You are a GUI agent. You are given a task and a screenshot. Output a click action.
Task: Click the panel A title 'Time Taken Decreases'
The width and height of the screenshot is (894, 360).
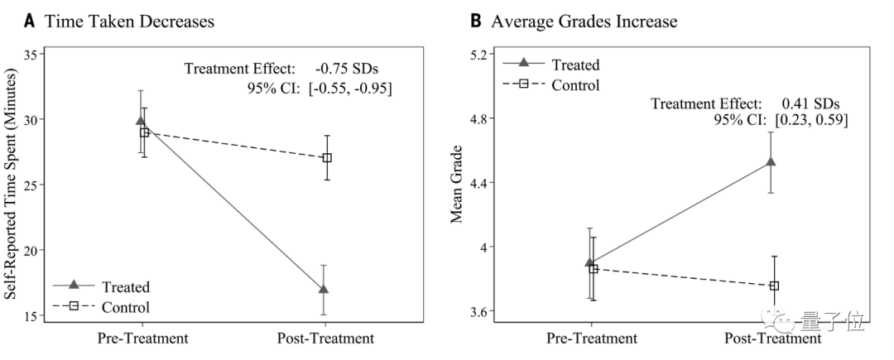tap(129, 22)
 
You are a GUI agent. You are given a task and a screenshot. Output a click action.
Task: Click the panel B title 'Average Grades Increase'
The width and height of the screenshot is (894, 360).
tap(584, 22)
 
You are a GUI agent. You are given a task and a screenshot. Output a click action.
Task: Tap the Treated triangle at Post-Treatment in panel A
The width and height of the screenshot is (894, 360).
tap(324, 289)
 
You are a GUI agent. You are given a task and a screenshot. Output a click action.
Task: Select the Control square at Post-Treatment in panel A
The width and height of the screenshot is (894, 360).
tap(327, 157)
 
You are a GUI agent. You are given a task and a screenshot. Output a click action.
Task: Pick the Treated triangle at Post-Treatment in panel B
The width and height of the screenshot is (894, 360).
tap(771, 161)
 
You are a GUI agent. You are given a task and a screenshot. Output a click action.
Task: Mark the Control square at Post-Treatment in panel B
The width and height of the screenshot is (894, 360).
tap(775, 286)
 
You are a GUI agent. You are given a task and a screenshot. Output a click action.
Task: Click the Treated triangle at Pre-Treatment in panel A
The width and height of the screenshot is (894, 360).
tap(140, 122)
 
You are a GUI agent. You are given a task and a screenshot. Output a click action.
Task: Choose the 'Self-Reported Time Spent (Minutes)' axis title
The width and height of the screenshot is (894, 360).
tap(12, 184)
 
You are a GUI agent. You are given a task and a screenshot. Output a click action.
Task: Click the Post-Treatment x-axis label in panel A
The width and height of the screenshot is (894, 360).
tap(324, 338)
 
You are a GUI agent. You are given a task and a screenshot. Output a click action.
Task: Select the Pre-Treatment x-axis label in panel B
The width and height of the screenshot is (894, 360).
tap(592, 338)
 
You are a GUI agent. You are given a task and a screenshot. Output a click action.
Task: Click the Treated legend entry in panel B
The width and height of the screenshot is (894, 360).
tap(574, 65)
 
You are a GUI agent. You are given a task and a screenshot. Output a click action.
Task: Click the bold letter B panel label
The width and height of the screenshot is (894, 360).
tap(476, 22)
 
